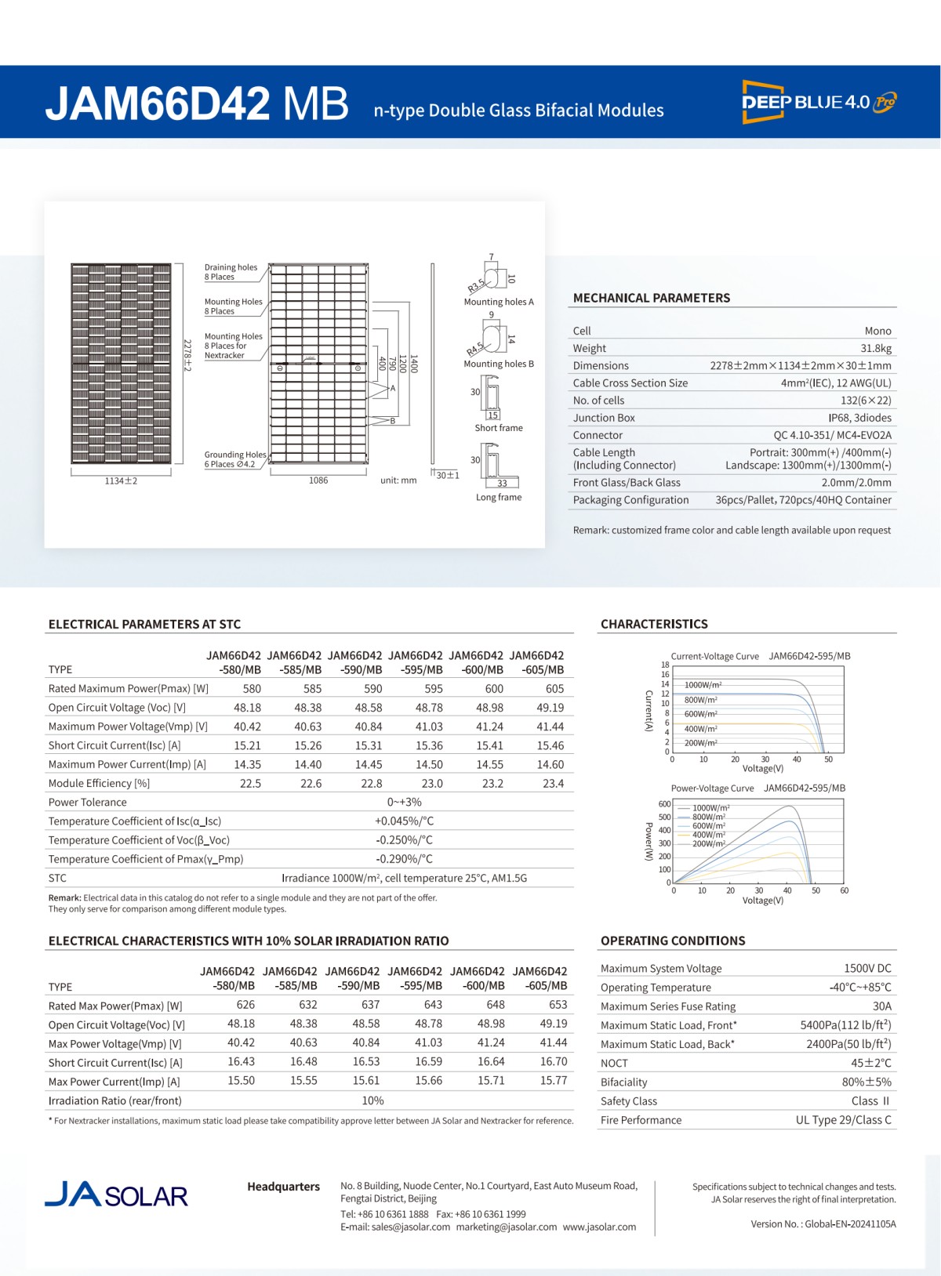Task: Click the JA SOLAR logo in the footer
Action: [x=116, y=1194]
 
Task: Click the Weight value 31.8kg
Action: [x=876, y=348]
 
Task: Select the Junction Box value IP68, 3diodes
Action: [x=859, y=418]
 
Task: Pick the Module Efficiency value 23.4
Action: [x=553, y=783]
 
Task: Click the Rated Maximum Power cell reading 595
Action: [x=433, y=688]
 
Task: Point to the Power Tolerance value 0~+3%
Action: [x=404, y=802]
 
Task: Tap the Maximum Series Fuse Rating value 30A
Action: [x=881, y=1006]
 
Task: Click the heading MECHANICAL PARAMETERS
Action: [x=651, y=298]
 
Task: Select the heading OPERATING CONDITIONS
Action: [x=672, y=941]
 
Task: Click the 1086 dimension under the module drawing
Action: [x=318, y=480]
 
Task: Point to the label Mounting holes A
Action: [x=498, y=302]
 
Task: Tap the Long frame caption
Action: [x=498, y=497]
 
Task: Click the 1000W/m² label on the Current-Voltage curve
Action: [x=703, y=685]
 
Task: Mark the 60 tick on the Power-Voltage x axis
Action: [x=844, y=890]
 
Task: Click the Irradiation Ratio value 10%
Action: [x=372, y=1100]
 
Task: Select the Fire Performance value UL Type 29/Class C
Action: [x=843, y=1119]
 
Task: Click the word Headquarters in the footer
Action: [x=283, y=1187]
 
